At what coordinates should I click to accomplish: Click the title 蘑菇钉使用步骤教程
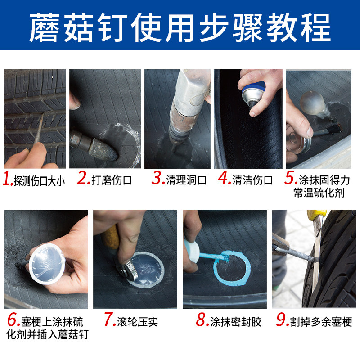(x=180, y=27)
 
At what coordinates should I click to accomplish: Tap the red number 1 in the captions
(x=7, y=180)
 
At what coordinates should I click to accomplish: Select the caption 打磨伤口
(x=112, y=180)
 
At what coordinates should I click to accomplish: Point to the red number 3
(x=158, y=178)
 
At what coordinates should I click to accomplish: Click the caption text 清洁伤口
(x=252, y=180)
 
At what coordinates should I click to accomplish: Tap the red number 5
(x=291, y=178)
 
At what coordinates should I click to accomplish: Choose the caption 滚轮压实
(x=138, y=322)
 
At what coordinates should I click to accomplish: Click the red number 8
(x=202, y=319)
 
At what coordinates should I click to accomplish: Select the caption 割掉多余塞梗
(x=321, y=322)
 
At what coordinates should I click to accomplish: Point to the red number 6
(x=13, y=319)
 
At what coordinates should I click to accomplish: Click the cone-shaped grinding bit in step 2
(x=103, y=150)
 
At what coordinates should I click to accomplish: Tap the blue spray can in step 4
(x=254, y=94)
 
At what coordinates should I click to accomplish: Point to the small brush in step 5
(x=328, y=130)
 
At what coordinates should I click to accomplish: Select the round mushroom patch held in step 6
(x=47, y=264)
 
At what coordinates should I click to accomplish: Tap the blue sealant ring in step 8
(x=232, y=268)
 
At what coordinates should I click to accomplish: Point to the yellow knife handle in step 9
(x=316, y=215)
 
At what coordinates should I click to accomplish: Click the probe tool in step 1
(x=39, y=129)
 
